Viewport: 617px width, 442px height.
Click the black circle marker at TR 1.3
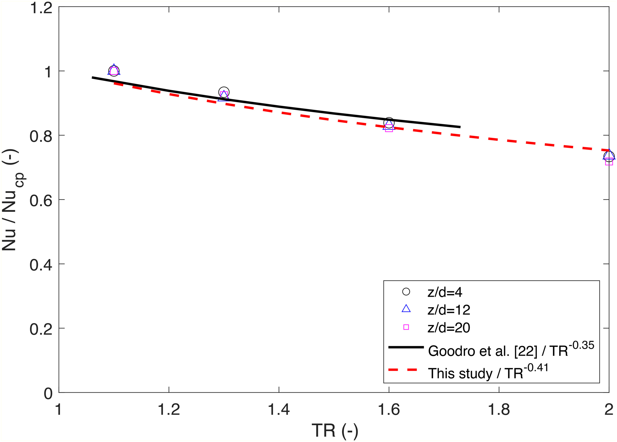(x=224, y=92)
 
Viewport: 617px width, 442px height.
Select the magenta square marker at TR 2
(x=609, y=161)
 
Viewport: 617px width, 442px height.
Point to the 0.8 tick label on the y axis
(x=40, y=136)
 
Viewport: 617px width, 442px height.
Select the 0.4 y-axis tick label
(x=40, y=264)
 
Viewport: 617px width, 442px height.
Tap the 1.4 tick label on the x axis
(x=279, y=409)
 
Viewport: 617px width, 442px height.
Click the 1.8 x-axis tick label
(x=499, y=409)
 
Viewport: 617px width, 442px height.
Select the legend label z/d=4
(x=444, y=292)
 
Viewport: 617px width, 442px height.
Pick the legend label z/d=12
(x=449, y=310)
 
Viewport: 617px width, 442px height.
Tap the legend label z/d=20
(x=449, y=327)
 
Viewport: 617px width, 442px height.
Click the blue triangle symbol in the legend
(x=406, y=309)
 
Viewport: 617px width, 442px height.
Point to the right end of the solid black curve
(x=460, y=127)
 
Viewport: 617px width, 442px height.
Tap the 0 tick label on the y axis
(x=48, y=393)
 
